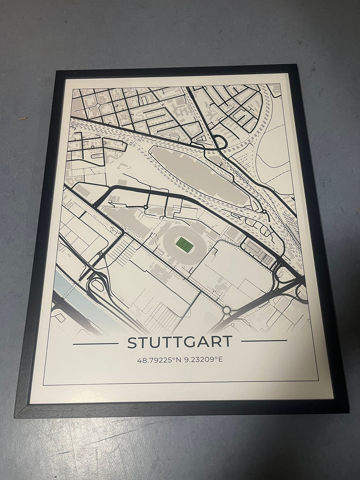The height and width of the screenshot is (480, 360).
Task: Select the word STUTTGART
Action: [x=180, y=342]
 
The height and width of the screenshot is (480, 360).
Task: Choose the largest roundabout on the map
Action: [x=227, y=309]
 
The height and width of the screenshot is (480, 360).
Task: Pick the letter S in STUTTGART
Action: [x=132, y=343]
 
